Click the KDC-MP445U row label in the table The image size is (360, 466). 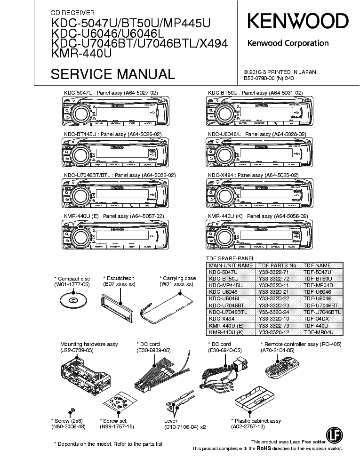click(x=226, y=285)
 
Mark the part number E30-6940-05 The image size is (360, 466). click(x=224, y=350)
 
